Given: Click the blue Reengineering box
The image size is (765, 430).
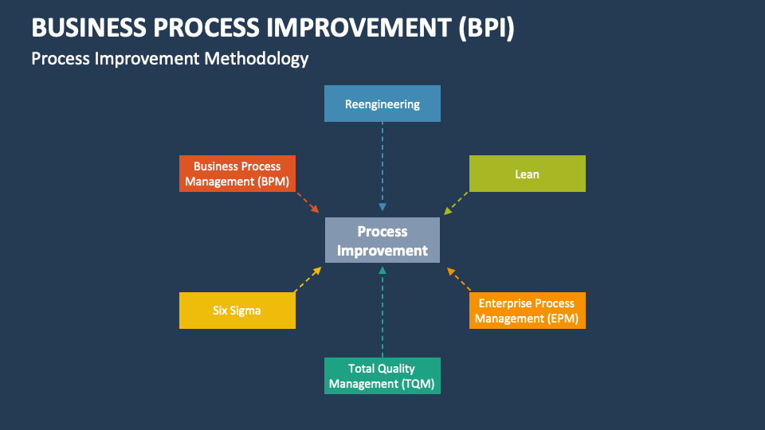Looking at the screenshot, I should pyautogui.click(x=382, y=104).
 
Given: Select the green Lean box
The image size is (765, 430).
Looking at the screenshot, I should pyautogui.click(x=527, y=174).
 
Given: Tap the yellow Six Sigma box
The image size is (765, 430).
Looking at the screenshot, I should pyautogui.click(x=237, y=311).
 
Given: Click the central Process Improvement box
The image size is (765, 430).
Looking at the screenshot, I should pyautogui.click(x=382, y=240).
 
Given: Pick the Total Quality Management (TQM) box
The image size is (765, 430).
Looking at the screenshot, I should pyautogui.click(x=382, y=376).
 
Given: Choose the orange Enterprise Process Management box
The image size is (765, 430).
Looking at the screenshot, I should pyautogui.click(x=527, y=311).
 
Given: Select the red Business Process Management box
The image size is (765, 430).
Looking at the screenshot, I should pyautogui.click(x=237, y=174).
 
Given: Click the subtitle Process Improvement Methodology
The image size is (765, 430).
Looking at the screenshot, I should pyautogui.click(x=170, y=59).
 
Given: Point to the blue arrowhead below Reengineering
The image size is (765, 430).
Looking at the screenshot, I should pyautogui.click(x=382, y=208).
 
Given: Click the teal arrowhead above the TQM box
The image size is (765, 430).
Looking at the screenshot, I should pyautogui.click(x=382, y=271).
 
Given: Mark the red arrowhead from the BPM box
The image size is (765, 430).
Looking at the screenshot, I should pyautogui.click(x=315, y=209).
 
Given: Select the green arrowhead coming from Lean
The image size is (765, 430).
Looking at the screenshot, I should pyautogui.click(x=448, y=210).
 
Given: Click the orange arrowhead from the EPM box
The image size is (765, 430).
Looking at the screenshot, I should pyautogui.click(x=450, y=272).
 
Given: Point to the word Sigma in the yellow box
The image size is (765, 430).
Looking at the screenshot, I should pyautogui.click(x=245, y=311).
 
